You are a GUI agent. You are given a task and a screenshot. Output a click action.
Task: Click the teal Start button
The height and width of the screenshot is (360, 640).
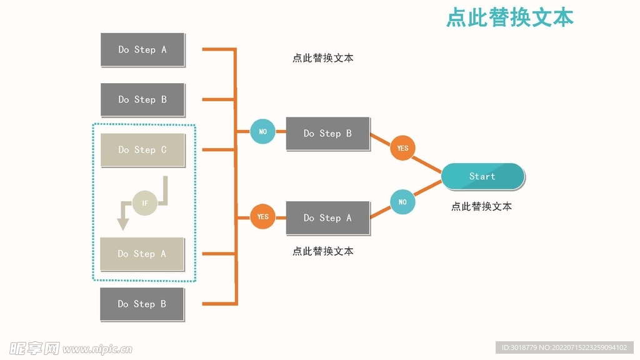coord(482,176)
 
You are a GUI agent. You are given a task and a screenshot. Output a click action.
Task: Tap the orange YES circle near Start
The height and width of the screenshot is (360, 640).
coord(402,148)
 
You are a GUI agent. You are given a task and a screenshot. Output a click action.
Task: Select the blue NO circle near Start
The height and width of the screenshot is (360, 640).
coord(402,202)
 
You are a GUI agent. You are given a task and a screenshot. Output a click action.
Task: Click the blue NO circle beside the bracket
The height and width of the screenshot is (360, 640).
coord(262,132)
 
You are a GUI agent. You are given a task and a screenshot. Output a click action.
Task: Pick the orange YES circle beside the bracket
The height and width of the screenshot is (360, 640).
coord(262,217)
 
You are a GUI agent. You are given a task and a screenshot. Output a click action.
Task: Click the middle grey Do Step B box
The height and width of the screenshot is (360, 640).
coord(327,133)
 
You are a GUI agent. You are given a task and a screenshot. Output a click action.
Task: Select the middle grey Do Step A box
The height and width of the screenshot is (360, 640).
coord(327,217)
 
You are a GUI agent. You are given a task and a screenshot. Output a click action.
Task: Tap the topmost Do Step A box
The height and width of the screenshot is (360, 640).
coord(142,49)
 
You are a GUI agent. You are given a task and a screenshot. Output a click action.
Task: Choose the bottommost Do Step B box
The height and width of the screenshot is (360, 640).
coord(142,304)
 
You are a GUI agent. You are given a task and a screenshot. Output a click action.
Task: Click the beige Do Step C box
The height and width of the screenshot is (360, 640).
coord(142,150)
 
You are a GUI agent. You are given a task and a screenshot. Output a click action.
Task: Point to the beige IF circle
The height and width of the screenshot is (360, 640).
coord(145,203)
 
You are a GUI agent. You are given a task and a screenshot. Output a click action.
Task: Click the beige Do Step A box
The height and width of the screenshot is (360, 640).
coord(142,254)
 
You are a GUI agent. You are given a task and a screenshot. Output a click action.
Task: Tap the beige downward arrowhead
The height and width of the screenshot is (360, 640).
coord(123,224)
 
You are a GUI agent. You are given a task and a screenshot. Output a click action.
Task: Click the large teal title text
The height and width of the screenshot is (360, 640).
coord(509,17)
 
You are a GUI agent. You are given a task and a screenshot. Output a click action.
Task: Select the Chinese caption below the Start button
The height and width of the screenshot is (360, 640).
coord(481,206)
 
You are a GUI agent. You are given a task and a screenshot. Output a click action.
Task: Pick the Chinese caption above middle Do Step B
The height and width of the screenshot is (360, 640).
coord(322,58)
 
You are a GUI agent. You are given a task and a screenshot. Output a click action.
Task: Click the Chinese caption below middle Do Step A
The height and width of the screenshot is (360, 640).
coord(322,251)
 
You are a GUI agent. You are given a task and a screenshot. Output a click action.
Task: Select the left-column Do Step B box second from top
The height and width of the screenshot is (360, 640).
coord(142,99)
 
